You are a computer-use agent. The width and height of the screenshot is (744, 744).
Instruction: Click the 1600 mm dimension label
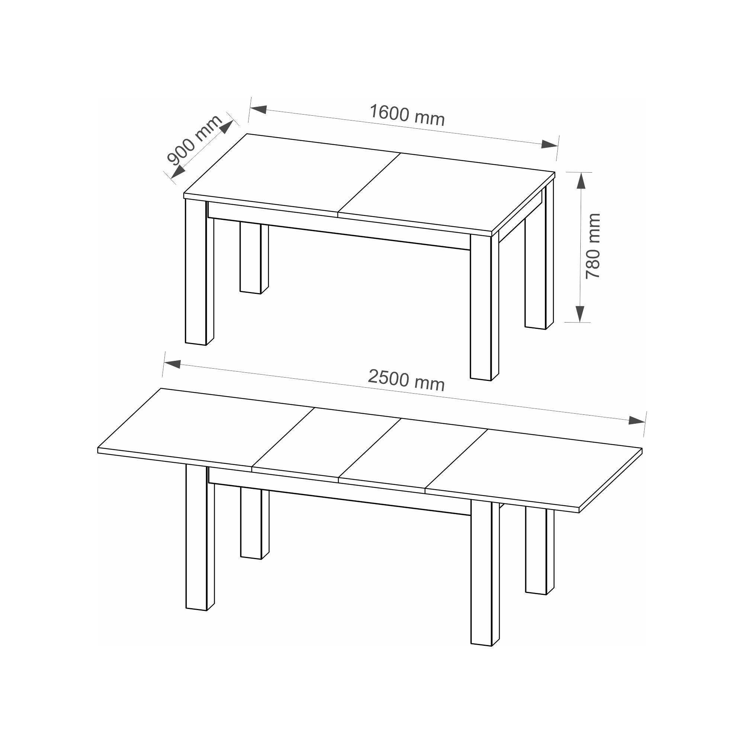(x=407, y=115)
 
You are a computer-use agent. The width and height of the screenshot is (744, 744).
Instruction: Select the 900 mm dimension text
(x=195, y=140)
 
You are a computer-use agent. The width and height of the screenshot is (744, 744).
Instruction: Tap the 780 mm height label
(x=593, y=246)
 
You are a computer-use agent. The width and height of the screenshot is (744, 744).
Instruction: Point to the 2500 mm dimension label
(x=406, y=380)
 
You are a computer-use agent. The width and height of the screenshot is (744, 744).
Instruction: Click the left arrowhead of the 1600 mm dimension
(x=259, y=109)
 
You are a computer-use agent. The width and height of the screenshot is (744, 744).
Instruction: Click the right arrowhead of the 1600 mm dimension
(x=549, y=144)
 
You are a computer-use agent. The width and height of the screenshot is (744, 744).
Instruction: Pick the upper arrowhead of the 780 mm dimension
(x=581, y=180)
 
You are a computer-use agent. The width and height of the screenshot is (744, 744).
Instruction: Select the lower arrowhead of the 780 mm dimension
(x=580, y=314)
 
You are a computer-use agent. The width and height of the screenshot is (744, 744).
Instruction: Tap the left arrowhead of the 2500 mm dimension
(x=173, y=364)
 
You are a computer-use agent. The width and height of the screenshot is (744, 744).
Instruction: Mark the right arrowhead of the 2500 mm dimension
(x=637, y=420)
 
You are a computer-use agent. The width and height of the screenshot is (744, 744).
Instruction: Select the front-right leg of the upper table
(x=484, y=307)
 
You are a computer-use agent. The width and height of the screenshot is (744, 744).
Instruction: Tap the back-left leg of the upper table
(x=254, y=258)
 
